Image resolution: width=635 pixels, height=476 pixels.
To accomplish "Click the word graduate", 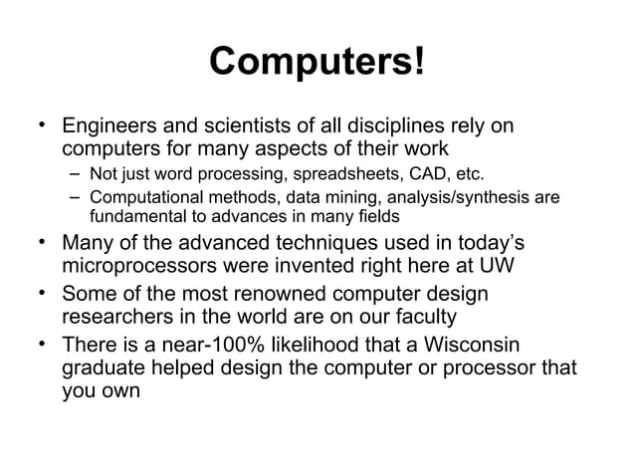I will click(106, 368).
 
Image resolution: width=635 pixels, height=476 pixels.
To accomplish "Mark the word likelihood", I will click(324, 346).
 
